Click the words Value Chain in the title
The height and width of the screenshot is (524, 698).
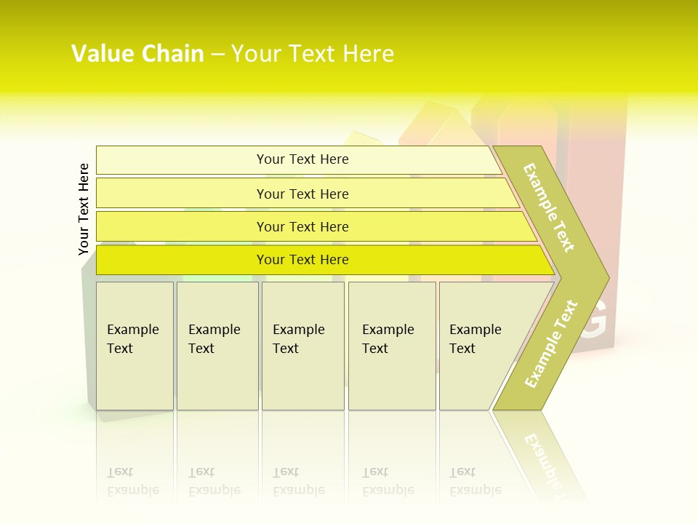tap(137, 54)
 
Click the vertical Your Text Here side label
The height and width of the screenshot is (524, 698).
tap(84, 210)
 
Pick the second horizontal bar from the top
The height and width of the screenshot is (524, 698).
tap(302, 194)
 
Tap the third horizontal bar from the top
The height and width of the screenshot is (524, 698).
tap(302, 226)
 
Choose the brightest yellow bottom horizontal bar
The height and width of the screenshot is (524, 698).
tap(302, 260)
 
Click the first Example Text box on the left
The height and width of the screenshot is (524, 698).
tap(135, 346)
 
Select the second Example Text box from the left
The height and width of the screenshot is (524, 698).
tap(217, 346)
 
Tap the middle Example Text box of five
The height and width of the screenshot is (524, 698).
tap(302, 346)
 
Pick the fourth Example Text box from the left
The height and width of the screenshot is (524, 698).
tap(392, 346)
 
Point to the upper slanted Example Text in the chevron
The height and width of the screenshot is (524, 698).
tap(549, 207)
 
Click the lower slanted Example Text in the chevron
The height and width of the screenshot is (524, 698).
tap(551, 344)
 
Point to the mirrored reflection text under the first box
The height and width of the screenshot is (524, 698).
tap(133, 482)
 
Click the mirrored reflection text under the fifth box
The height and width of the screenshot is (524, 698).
tap(476, 482)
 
